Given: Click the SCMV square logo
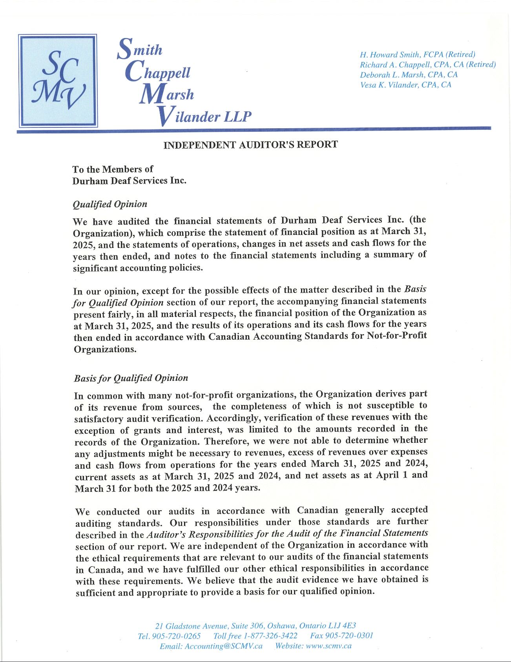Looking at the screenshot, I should (58, 80).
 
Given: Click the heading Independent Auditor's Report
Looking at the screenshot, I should (250, 145).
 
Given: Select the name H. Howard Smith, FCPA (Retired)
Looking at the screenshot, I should (417, 55).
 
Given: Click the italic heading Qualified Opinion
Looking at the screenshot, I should (110, 204).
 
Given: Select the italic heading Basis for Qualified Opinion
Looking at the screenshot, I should (131, 378).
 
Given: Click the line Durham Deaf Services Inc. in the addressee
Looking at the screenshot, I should (129, 181).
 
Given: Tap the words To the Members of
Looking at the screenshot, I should (113, 169).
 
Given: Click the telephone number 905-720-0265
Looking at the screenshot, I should (176, 636).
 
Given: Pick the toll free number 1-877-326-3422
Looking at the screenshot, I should (270, 636).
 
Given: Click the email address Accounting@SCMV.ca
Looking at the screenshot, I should (223, 646).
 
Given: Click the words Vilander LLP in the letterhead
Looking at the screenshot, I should (204, 116).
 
